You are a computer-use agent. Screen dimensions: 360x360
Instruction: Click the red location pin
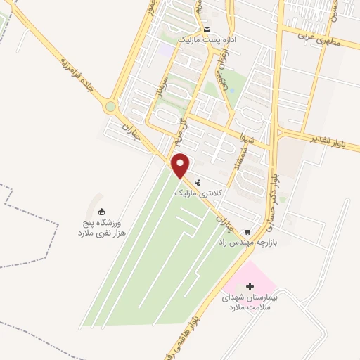[181, 166]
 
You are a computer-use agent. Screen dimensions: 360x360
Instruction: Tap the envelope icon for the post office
[207, 30]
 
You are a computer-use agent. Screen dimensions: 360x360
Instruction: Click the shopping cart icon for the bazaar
[247, 231]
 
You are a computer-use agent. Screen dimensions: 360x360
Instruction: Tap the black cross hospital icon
[250, 286]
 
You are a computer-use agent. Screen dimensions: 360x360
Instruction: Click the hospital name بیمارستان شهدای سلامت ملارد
[250, 302]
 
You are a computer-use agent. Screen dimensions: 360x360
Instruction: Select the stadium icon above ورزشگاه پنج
[101, 212]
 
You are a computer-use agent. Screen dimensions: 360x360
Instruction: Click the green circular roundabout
[110, 107]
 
